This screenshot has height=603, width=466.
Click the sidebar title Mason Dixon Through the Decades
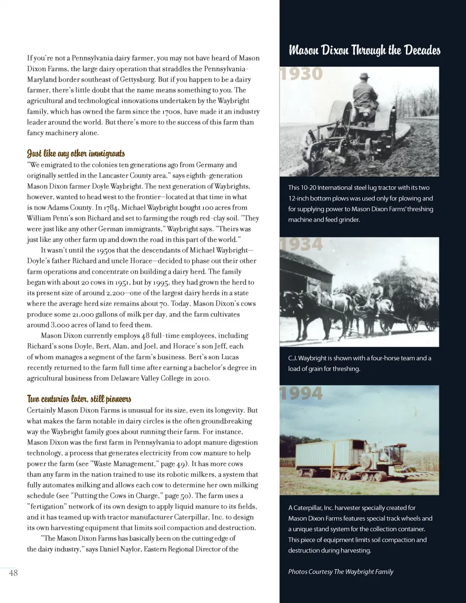(365, 50)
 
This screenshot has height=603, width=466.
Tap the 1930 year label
(301, 74)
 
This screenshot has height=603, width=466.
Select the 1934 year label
(301, 244)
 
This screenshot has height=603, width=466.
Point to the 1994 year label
(301, 393)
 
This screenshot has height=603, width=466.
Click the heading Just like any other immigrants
(76, 154)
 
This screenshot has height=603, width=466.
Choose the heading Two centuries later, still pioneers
(79, 399)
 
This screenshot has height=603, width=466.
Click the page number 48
(13, 573)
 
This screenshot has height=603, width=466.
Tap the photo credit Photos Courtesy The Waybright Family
(341, 571)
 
